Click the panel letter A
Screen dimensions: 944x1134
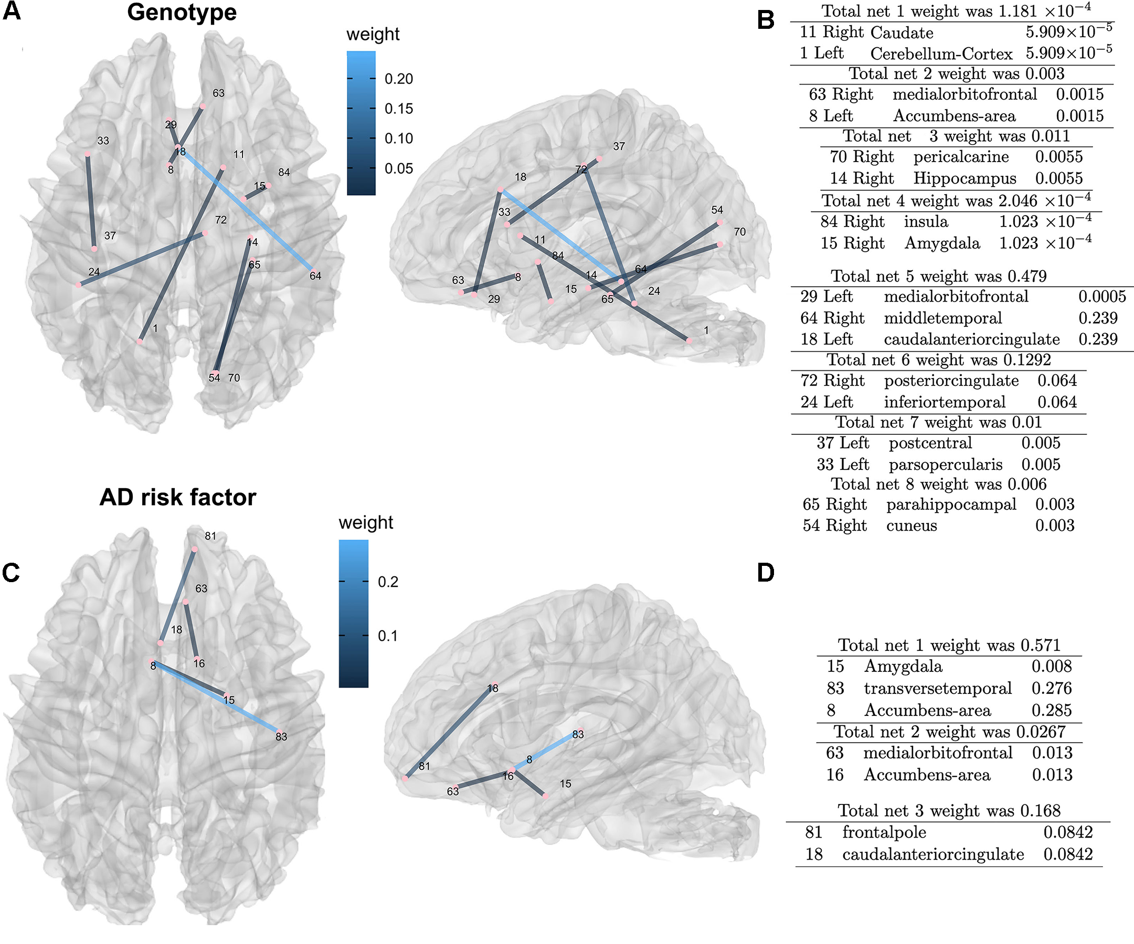point(12,12)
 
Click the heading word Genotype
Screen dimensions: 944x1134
point(182,13)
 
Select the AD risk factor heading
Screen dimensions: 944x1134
point(178,497)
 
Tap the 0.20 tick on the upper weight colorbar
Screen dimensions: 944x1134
point(398,79)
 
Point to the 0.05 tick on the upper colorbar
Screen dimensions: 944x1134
point(398,168)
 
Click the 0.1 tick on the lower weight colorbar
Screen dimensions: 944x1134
point(387,636)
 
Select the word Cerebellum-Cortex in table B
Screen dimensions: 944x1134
point(941,54)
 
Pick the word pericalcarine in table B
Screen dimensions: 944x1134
point(961,157)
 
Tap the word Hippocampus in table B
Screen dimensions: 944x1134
point(965,179)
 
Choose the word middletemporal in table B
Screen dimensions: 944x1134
point(942,318)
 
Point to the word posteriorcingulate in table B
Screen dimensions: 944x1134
point(951,381)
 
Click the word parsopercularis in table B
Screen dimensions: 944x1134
point(945,465)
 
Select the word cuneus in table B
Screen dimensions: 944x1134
point(911,525)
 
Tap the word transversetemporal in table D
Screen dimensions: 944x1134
point(937,689)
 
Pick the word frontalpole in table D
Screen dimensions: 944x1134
point(884,833)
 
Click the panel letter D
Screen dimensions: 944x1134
point(766,573)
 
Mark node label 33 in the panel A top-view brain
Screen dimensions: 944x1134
point(103,141)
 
